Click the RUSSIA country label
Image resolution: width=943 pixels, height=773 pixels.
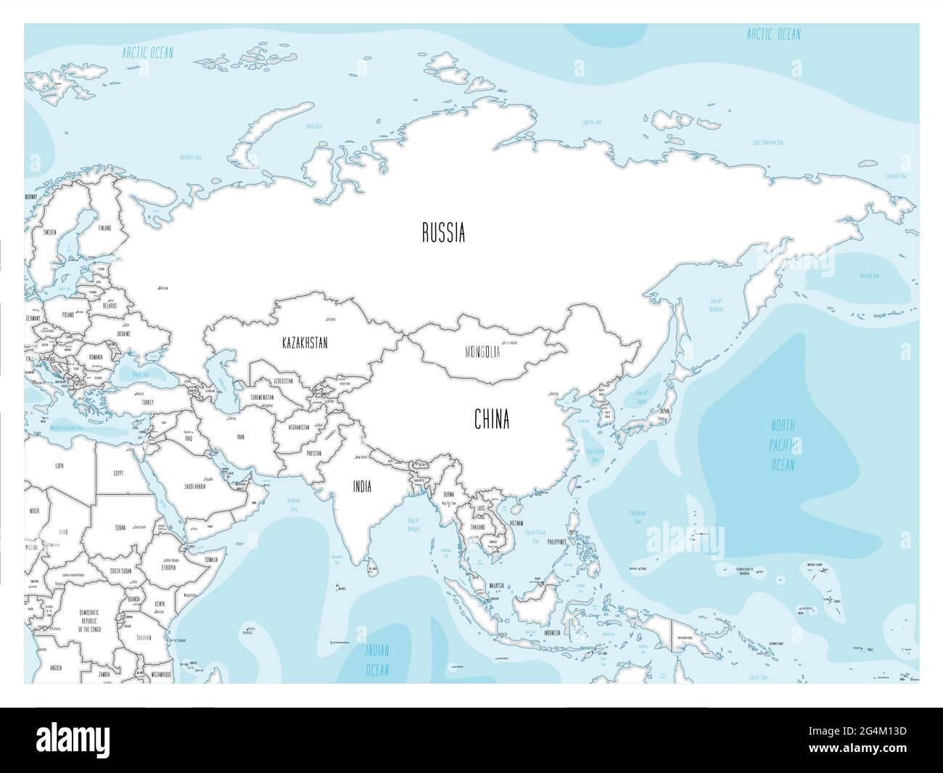443,234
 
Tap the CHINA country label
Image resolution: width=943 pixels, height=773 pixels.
492,420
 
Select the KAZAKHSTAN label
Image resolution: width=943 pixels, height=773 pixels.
305,343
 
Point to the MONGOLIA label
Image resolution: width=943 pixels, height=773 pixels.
482,353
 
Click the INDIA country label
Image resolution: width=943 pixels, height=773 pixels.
362,487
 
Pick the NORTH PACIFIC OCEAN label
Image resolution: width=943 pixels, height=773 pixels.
783,446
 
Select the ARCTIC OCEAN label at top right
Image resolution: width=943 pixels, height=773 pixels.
774,34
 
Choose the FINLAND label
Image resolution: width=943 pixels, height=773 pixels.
105,228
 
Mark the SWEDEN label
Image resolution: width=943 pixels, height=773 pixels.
50,233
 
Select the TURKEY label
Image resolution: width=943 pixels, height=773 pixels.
147,401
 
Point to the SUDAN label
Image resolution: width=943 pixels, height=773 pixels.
120,528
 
